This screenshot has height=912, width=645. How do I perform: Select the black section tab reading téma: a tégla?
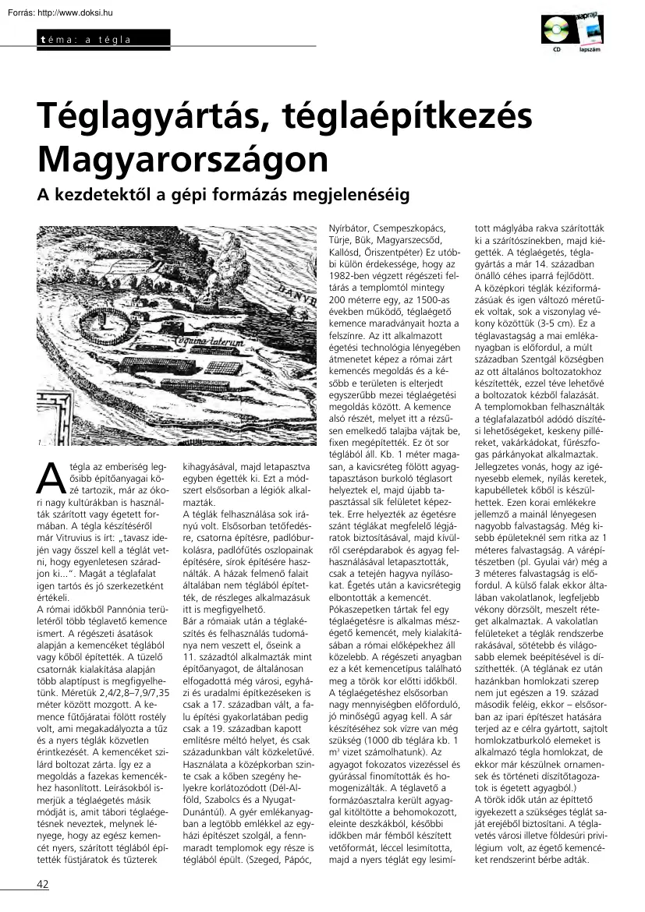(101, 39)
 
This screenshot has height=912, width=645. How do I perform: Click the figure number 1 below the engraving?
(39, 444)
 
